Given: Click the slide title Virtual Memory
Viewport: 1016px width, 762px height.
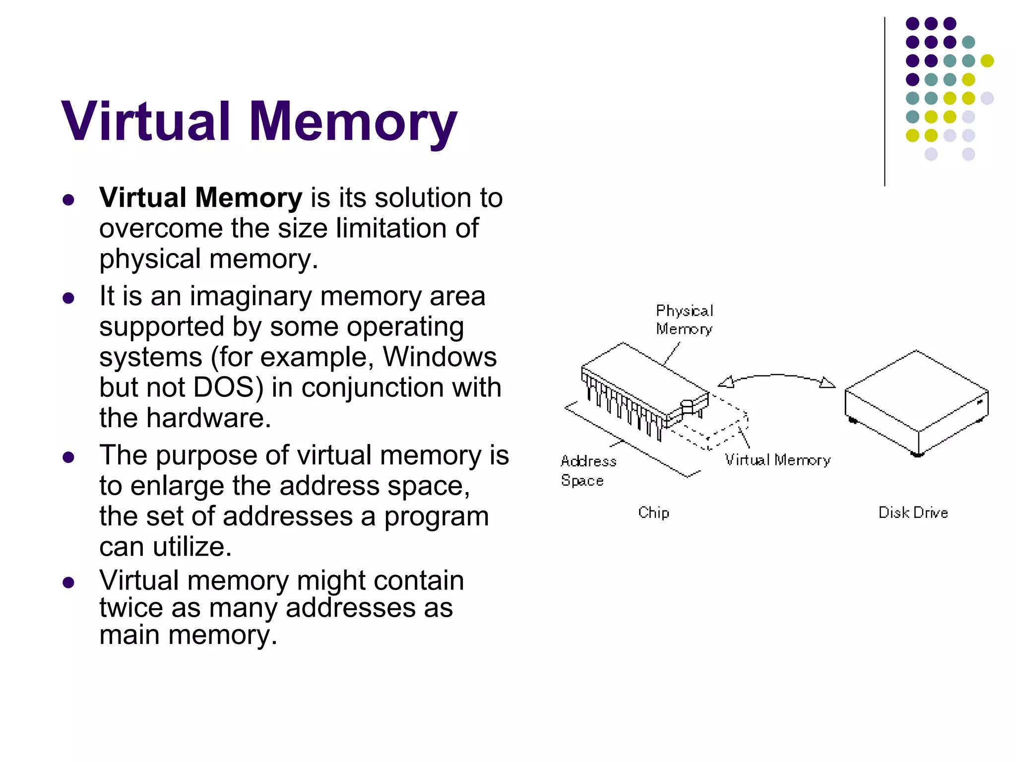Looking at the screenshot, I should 259,122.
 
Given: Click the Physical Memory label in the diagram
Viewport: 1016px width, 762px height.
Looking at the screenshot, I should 684,320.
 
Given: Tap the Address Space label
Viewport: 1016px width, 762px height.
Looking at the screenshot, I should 588,471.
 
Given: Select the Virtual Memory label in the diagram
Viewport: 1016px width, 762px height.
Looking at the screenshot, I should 777,460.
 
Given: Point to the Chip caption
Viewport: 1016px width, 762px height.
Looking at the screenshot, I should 653,512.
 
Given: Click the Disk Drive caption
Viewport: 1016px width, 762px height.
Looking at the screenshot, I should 913,512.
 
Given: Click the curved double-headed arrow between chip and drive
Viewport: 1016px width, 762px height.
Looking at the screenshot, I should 776,377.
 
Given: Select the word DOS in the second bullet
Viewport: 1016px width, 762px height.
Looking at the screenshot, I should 224,387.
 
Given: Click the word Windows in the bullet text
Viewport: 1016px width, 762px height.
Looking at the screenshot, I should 440,357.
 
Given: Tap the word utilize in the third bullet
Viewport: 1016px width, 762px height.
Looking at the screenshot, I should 192,547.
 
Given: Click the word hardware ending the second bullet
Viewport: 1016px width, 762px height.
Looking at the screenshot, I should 208,418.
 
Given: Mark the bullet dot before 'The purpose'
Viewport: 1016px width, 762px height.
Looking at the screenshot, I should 68,457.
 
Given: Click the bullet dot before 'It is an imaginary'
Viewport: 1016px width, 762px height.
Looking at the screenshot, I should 68,298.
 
